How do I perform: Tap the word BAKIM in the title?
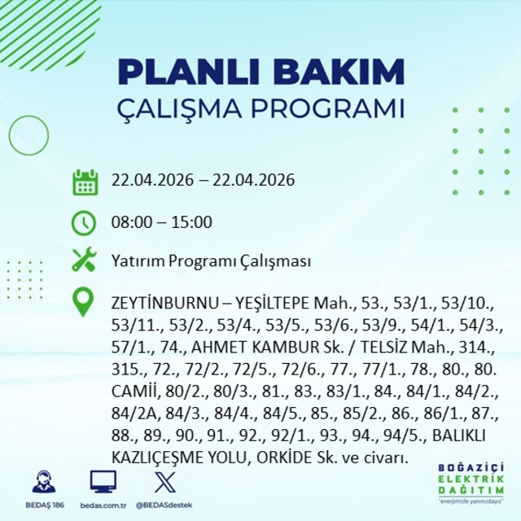pos(339,72)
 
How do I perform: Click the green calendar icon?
pos(85,182)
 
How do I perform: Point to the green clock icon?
pos(84,222)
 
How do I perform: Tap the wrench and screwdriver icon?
pos(85,259)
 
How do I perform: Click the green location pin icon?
pos(83,302)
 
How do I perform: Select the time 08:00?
pos(130,222)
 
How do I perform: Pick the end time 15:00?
pos(192,222)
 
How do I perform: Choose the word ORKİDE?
pos(284,458)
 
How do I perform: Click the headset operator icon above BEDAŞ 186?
pos(44,481)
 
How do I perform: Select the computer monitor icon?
pos(103,481)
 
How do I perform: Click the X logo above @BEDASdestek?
pos(165,481)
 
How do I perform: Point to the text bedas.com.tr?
pos(103,506)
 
